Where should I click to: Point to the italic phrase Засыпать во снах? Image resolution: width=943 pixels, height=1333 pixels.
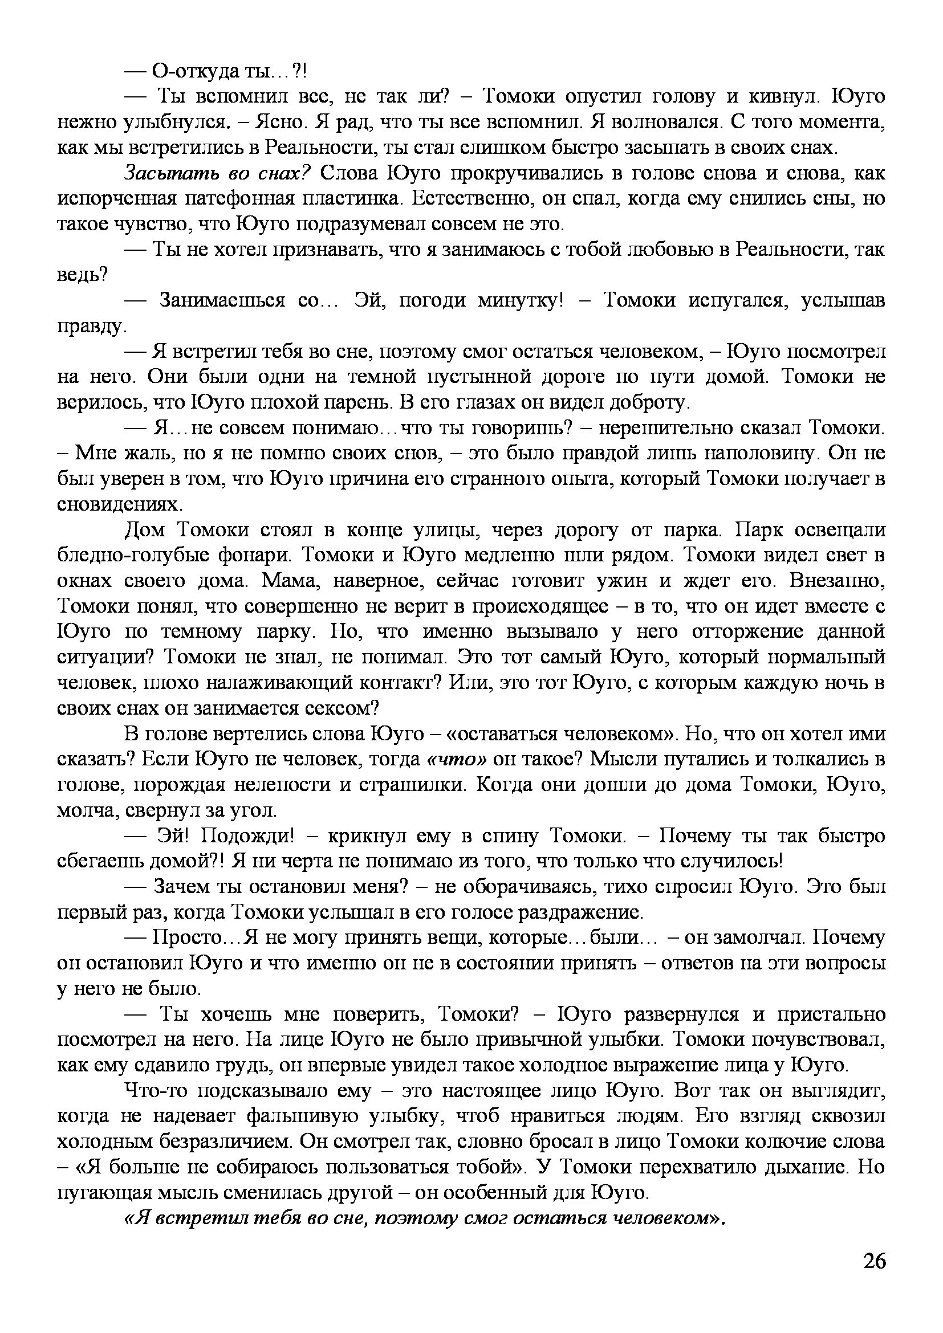click(x=218, y=173)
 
